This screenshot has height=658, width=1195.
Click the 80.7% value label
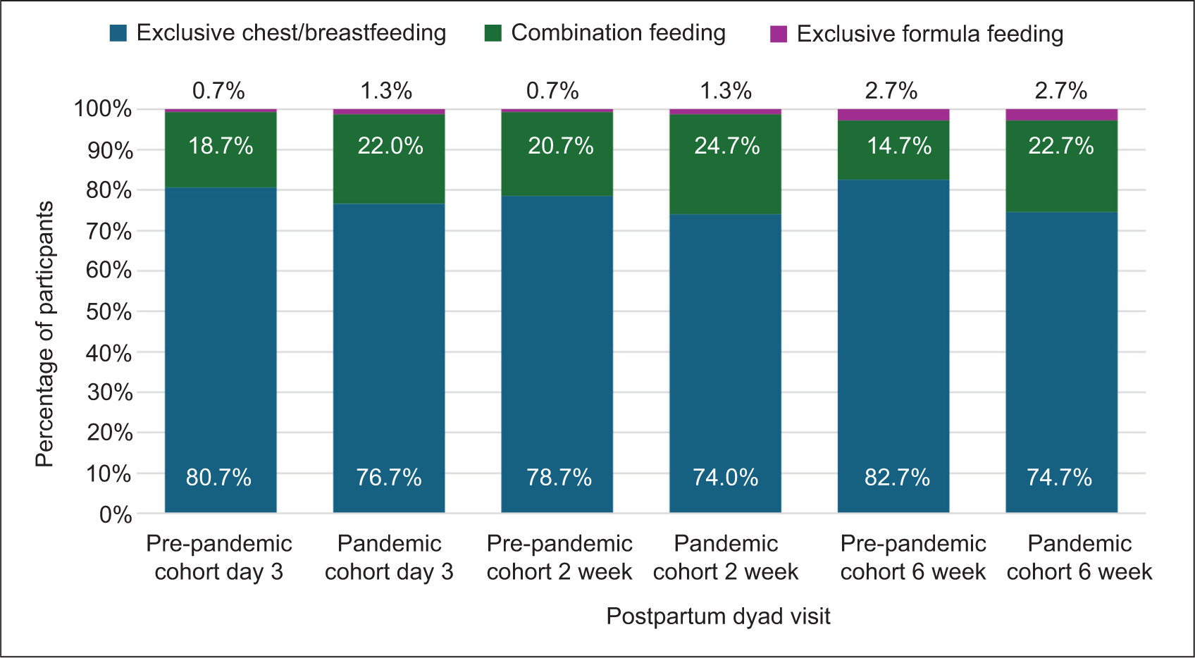tap(218, 477)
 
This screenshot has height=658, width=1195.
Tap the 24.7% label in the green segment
tap(726, 146)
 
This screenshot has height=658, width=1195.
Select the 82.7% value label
tap(898, 477)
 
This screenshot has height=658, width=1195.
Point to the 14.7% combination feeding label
tap(900, 146)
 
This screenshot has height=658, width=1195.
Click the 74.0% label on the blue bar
tap(726, 477)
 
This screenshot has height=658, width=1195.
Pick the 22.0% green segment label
tap(390, 146)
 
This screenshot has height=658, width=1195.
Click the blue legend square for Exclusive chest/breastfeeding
tap(118, 33)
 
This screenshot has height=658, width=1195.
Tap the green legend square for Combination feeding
tap(493, 33)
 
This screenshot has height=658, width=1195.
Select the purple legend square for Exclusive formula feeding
tap(779, 34)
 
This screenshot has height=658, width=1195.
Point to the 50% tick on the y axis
tap(109, 311)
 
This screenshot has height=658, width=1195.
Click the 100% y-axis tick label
tap(103, 108)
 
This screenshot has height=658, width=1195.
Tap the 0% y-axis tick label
tap(116, 514)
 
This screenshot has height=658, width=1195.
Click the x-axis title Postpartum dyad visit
tap(718, 616)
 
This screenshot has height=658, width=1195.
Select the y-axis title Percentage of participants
tap(45, 334)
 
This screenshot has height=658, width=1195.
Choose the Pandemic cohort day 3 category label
tap(389, 558)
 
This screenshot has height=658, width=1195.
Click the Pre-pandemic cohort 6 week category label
tap(912, 558)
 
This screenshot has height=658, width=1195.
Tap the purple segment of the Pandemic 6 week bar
tap(1062, 115)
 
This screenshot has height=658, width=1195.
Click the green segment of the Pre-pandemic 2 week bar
tap(557, 154)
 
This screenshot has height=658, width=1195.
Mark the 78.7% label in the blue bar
tap(559, 477)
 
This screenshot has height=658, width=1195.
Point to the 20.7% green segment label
tap(561, 146)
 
